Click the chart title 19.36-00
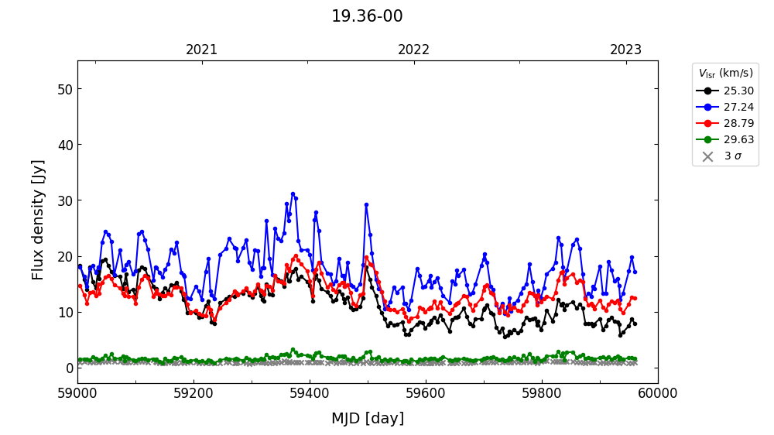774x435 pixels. tap(367, 16)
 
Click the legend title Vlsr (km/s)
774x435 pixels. tap(725, 74)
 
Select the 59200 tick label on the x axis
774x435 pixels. tap(193, 393)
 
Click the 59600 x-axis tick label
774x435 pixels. tap(426, 393)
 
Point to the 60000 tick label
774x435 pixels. tap(658, 393)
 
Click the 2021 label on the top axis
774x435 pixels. tap(202, 50)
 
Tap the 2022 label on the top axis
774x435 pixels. tap(414, 50)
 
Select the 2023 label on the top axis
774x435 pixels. tap(625, 50)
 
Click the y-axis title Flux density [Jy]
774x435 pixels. tap(39, 220)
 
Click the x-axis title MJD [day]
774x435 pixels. tap(368, 419)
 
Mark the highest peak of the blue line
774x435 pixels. tap(293, 194)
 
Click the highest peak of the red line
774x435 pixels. tap(296, 256)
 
